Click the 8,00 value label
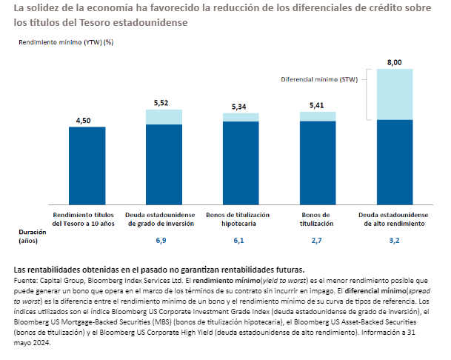pos(395,63)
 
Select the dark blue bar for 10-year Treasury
pos(87,163)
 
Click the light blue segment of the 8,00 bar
pos(395,94)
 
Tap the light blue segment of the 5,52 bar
pos(164,117)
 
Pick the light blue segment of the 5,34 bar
pos(241,117)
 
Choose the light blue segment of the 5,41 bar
pos(318,116)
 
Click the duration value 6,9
pos(161,241)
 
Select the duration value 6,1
pos(239,241)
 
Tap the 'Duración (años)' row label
pos(33,236)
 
